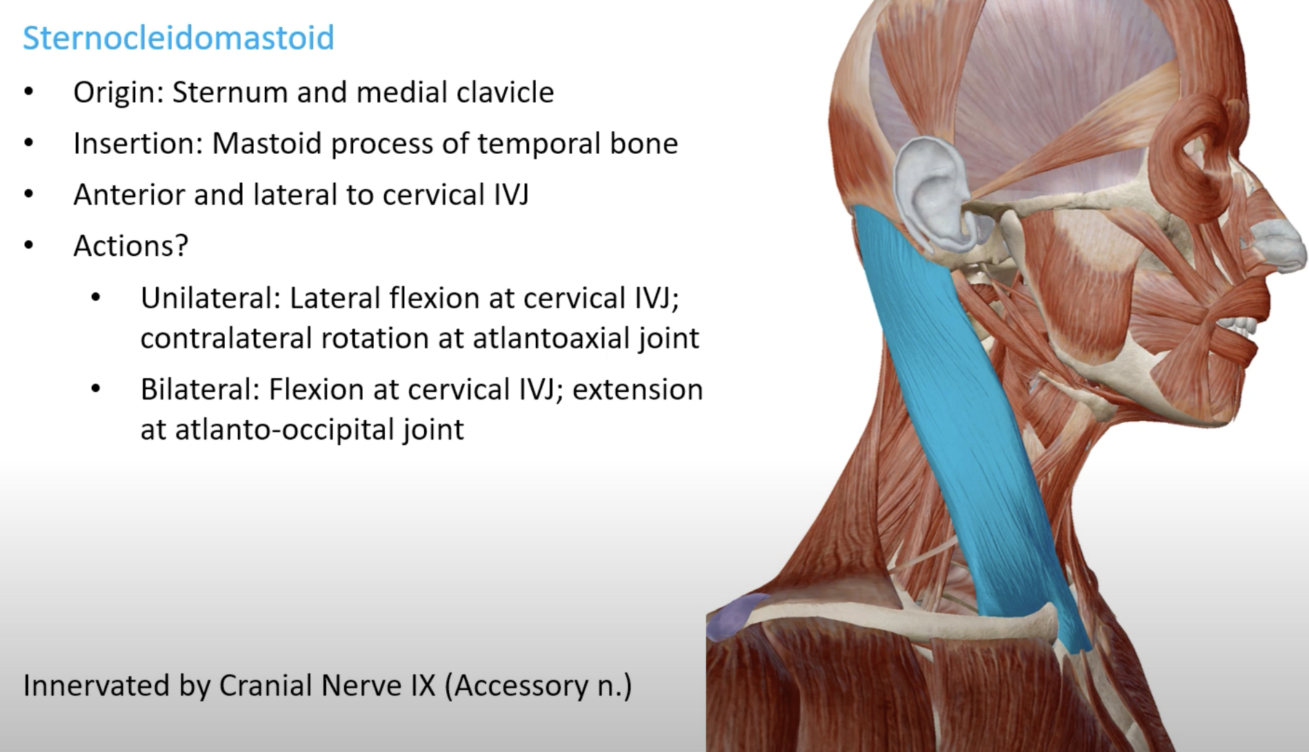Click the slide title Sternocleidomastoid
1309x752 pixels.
[179, 38]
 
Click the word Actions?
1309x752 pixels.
[131, 246]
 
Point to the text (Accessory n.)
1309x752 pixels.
[538, 686]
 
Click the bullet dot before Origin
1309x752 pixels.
[28, 92]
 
